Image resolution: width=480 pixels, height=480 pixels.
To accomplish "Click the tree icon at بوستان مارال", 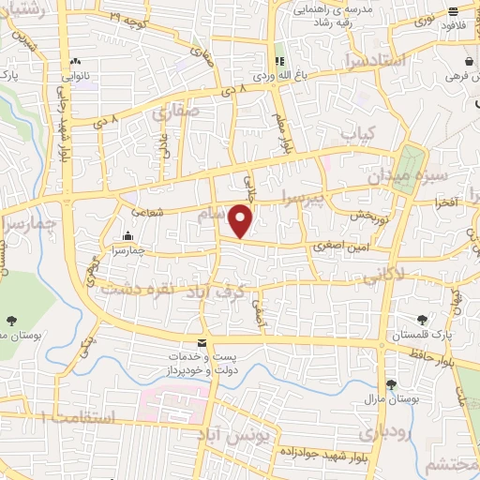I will pos(391,384).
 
